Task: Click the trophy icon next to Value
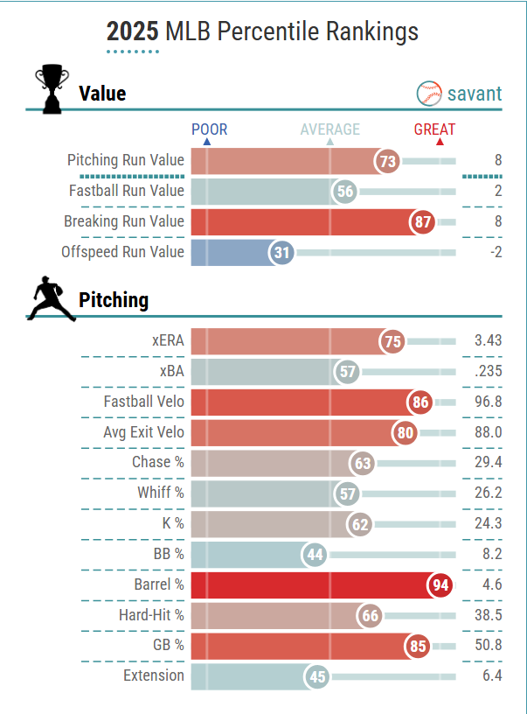pos(52,89)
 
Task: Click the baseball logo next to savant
pos(430,94)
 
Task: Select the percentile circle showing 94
pos(440,585)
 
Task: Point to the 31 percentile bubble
pos(281,252)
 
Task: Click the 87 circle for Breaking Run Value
pos(423,221)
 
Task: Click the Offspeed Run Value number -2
pos(495,252)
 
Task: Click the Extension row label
pos(154,675)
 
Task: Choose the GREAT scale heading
pos(434,129)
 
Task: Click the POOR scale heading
pos(209,129)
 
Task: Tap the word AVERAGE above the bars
pos(329,129)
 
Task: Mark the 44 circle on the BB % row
pos(315,555)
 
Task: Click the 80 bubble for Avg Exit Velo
pos(405,432)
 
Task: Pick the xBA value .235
pos(487,371)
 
